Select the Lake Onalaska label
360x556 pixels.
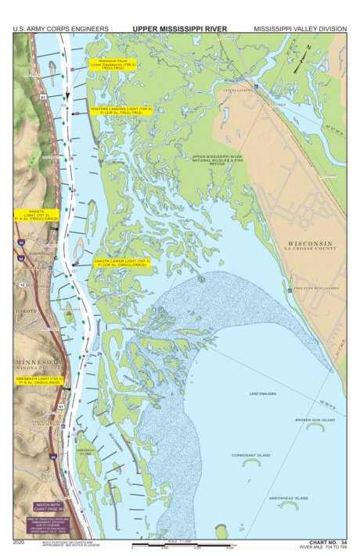coord(264,393)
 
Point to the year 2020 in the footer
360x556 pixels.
coord(20,541)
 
